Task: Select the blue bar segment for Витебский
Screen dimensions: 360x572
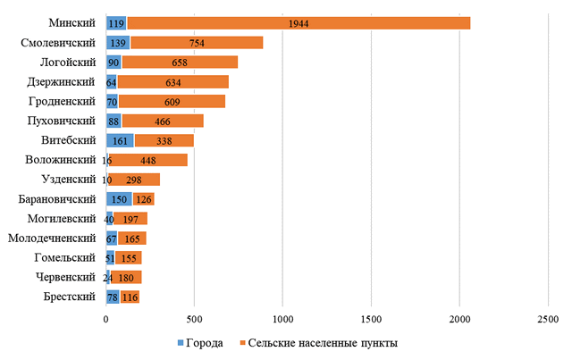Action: pyautogui.click(x=120, y=140)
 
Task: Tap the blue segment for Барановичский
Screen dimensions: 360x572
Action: pyautogui.click(x=119, y=199)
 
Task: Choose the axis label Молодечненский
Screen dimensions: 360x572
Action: pyautogui.click(x=53, y=239)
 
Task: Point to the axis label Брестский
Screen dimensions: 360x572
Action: pyautogui.click(x=68, y=297)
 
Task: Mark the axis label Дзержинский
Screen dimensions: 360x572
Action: pyautogui.click(x=63, y=81)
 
